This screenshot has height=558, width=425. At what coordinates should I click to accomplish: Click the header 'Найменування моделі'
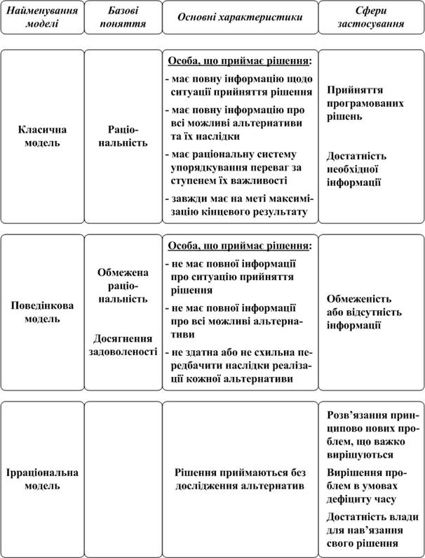pos(41,18)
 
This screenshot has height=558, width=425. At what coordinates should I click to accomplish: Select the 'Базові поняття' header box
pos(123,18)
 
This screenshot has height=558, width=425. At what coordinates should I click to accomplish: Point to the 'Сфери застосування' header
pos(371,18)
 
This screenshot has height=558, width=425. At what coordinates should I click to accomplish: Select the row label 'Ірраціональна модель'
pos(41,479)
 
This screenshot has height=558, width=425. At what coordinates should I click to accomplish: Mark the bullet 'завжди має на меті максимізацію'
pos(237,204)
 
